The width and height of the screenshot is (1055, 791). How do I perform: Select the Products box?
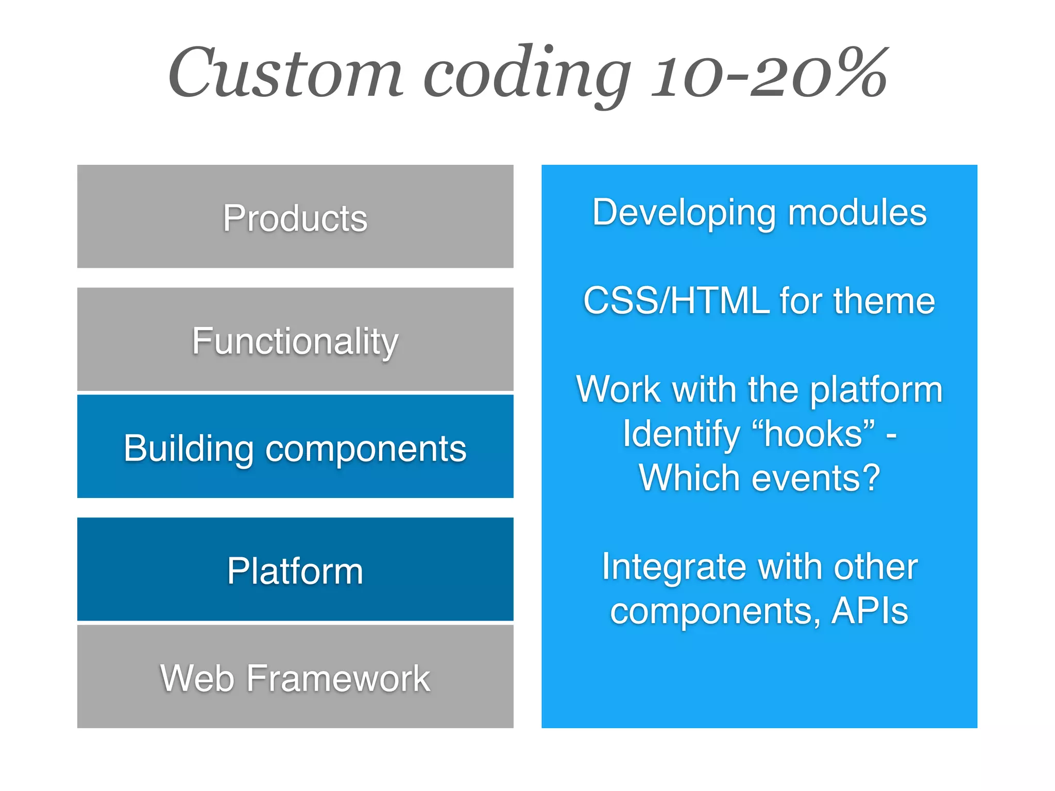pyautogui.click(x=295, y=217)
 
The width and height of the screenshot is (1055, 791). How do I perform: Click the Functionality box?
pyautogui.click(x=295, y=340)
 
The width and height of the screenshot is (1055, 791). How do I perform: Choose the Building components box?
pyautogui.click(x=295, y=447)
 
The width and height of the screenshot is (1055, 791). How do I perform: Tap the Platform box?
pyautogui.click(x=295, y=570)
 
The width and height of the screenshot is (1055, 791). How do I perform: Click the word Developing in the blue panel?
pyautogui.click(x=684, y=213)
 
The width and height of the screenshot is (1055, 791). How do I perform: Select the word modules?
pyautogui.click(x=857, y=212)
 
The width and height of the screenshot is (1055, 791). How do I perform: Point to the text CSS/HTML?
pyautogui.click(x=676, y=300)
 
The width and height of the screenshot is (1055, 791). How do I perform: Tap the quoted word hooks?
pyautogui.click(x=813, y=433)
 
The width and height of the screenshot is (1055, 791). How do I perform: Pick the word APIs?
pyautogui.click(x=870, y=611)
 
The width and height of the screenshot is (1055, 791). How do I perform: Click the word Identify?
pyautogui.click(x=681, y=434)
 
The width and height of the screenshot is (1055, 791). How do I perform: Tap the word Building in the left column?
pyautogui.click(x=188, y=449)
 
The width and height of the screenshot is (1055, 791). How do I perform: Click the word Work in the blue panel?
pyautogui.click(x=618, y=389)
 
